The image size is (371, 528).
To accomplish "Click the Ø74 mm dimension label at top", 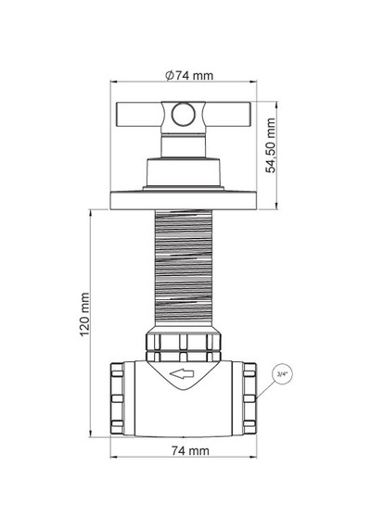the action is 189,75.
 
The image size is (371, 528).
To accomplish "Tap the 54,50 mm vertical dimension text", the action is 271,145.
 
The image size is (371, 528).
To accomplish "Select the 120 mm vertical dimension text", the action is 84,314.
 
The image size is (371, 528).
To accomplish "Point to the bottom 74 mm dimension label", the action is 190,450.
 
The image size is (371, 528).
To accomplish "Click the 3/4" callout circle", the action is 282,374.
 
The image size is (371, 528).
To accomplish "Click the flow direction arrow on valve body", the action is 182,374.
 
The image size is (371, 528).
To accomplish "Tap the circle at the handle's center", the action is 183,114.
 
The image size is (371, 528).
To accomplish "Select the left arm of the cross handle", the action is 139,115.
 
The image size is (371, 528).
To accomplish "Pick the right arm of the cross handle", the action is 228,115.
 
